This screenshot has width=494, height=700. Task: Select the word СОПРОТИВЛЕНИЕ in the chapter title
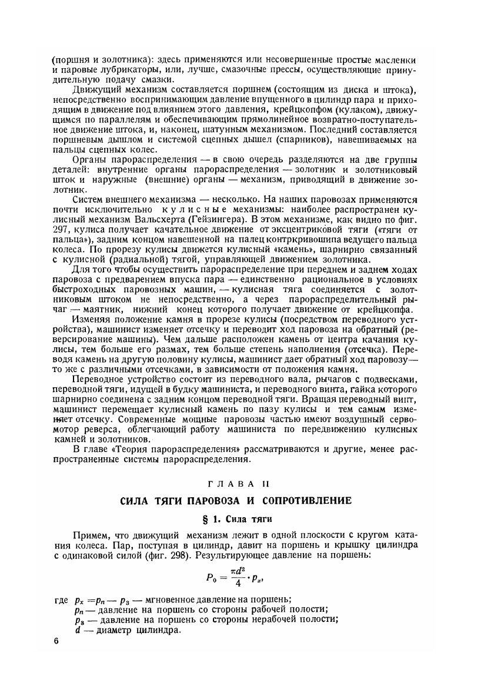pos(306,501)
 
